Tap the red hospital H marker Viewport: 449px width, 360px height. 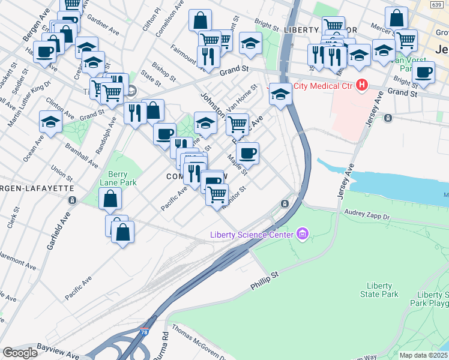361,86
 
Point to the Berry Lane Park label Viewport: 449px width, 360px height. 118,178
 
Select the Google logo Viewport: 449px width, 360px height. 20,353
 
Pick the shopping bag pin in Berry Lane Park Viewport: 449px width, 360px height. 110,199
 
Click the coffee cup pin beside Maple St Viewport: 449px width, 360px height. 247,153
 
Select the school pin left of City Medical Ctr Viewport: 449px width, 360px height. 280,94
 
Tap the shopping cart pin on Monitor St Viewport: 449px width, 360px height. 217,194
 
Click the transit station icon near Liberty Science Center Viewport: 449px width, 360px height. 284,204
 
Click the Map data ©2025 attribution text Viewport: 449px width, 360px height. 424,355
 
